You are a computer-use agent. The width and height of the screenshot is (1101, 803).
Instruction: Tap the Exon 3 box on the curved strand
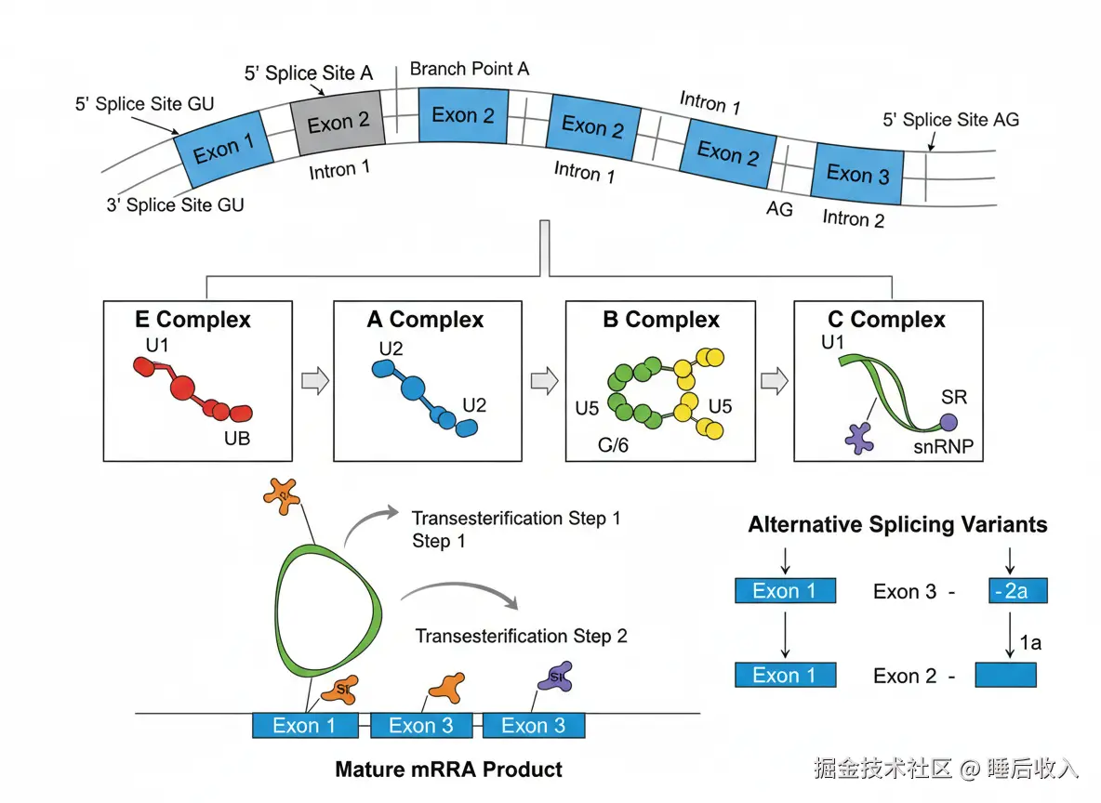pos(856,173)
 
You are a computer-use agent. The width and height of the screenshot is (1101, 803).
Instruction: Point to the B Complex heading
pos(661,321)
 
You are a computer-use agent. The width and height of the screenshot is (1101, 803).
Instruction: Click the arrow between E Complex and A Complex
pos(316,381)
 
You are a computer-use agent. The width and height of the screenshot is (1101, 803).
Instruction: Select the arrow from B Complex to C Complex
pos(774,381)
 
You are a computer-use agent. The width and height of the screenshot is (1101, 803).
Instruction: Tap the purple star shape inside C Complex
pos(858,437)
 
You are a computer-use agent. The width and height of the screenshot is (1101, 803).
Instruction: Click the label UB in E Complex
pos(237,439)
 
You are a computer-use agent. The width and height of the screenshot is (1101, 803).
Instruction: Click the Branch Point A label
pos(469,70)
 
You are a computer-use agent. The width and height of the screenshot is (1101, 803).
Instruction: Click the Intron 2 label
pos(853,219)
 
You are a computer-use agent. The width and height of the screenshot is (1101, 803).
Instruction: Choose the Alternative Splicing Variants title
pos(897,525)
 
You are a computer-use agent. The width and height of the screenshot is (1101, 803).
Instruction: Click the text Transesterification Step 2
pos(521,637)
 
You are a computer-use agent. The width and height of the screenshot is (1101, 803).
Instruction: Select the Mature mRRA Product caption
pos(448,770)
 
